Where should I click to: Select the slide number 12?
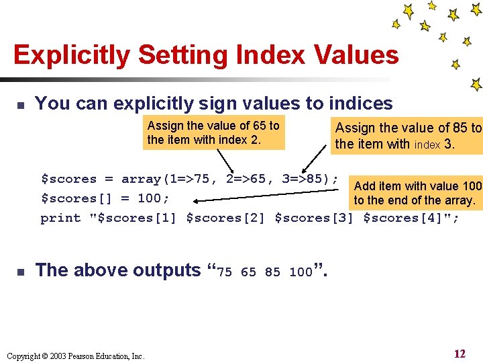pos(460,354)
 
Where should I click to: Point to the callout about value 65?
pos(213,132)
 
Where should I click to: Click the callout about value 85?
pos(408,135)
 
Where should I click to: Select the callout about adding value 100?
pos(417,193)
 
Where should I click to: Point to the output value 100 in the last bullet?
pos(301,272)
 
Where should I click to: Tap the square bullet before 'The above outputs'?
pos(20,272)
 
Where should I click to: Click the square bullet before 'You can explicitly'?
pos(20,106)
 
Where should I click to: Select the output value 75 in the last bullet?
pos(225,272)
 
